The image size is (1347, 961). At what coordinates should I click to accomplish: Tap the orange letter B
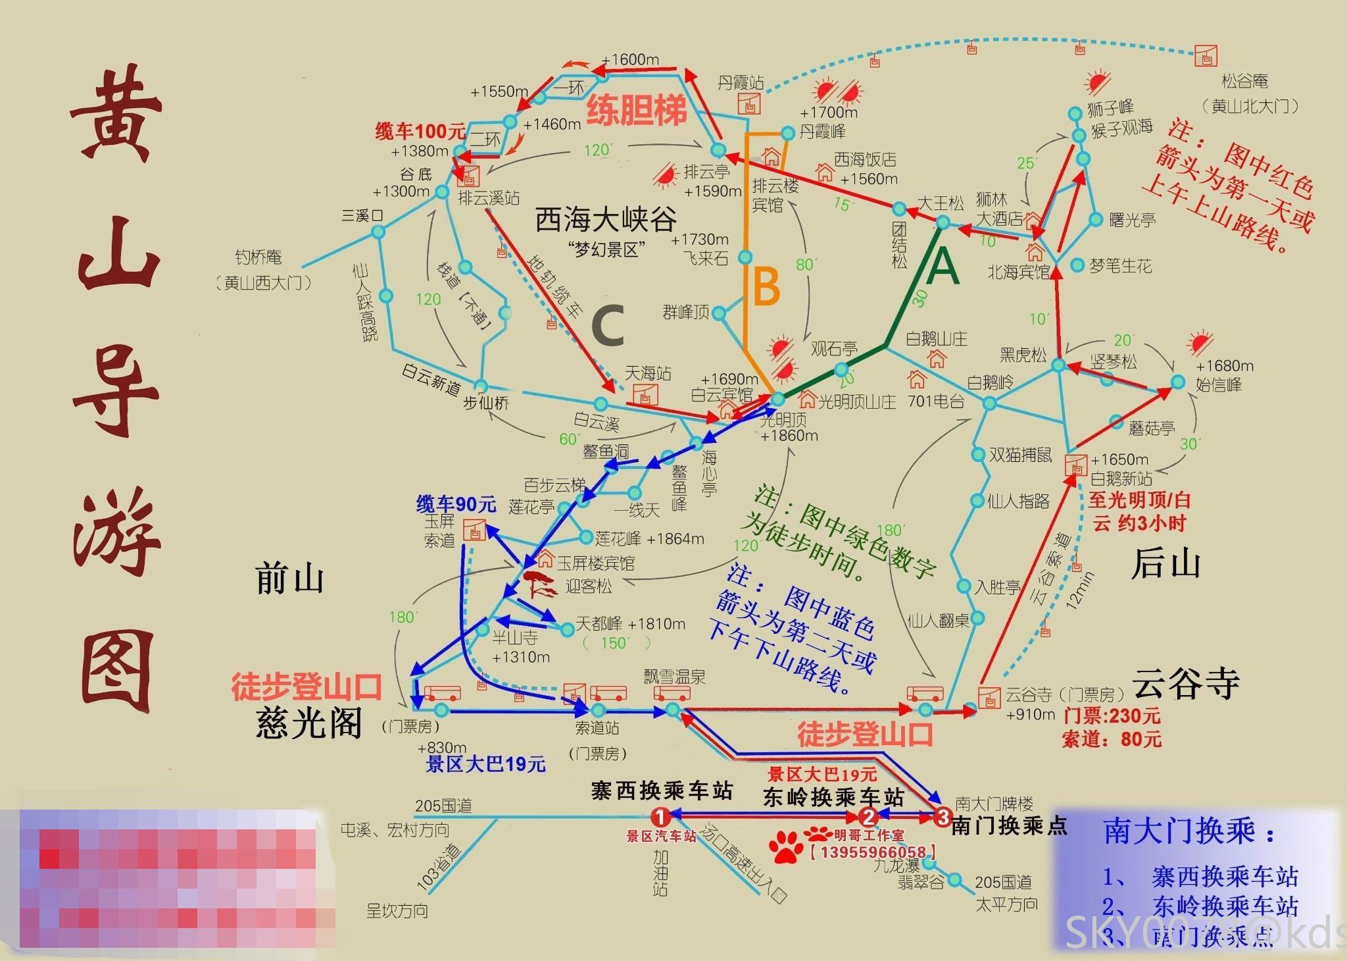(x=766, y=287)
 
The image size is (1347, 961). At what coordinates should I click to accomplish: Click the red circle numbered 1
(x=660, y=817)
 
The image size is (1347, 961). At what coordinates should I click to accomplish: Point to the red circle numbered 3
(x=943, y=817)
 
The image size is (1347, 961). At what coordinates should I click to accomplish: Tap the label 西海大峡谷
(x=605, y=219)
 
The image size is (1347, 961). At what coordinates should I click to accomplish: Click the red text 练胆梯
(x=636, y=109)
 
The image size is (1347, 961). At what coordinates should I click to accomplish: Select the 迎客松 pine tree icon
(x=541, y=584)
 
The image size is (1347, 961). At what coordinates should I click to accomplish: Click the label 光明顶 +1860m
(x=787, y=427)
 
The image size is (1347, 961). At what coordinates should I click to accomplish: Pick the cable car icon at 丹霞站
(x=749, y=104)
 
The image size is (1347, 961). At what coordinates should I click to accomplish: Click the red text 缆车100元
(x=420, y=131)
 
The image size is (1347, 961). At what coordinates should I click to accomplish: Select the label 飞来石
(x=706, y=258)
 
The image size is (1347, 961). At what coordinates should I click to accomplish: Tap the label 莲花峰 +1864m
(x=649, y=538)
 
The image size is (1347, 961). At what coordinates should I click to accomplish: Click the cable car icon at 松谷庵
(x=1206, y=57)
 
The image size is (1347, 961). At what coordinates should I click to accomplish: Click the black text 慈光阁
(x=308, y=724)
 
